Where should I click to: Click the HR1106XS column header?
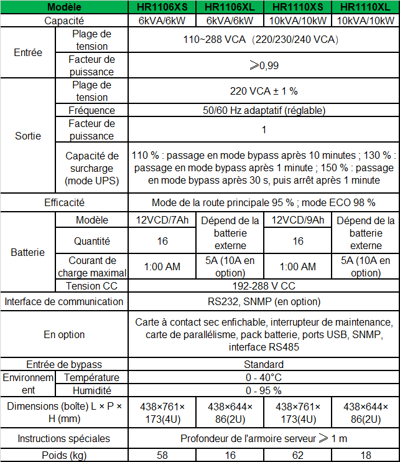click(x=162, y=7)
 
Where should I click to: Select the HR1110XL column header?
click(x=366, y=7)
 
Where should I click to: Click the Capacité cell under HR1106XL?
click(x=230, y=21)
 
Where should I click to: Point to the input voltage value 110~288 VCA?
click(x=264, y=40)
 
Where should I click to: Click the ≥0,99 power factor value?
click(x=264, y=65)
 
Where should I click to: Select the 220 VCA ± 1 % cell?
click(x=264, y=91)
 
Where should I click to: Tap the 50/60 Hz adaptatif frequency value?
click(x=264, y=110)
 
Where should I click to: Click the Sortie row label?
click(x=28, y=136)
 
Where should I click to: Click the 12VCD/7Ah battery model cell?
click(x=162, y=220)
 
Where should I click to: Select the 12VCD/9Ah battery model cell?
click(x=298, y=220)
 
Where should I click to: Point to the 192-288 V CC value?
click(x=264, y=286)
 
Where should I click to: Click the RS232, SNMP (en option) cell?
click(x=264, y=301)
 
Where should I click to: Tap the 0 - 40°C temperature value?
click(x=264, y=377)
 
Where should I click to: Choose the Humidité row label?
click(x=91, y=390)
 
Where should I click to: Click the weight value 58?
click(x=162, y=455)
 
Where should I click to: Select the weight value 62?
click(x=298, y=455)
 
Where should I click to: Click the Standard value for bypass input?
click(x=264, y=364)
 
